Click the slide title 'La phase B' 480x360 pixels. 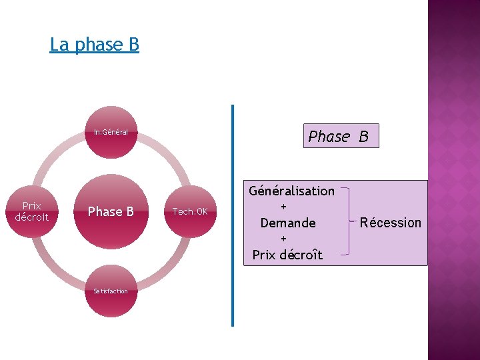(x=94, y=45)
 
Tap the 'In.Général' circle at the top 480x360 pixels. (x=111, y=132)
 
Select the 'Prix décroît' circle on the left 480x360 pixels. (x=31, y=211)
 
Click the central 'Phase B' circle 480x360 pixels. (x=111, y=211)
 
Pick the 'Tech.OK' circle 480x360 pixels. (x=190, y=211)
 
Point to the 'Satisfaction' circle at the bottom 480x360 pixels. (x=111, y=291)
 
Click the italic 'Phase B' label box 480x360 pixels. (x=341, y=136)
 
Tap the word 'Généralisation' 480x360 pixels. (x=291, y=191)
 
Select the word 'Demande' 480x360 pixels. (x=288, y=223)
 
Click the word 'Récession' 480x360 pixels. (x=391, y=223)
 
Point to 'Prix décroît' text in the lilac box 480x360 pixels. (x=287, y=255)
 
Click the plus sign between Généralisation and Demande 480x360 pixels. (x=283, y=207)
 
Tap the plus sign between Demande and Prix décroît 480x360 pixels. (x=283, y=239)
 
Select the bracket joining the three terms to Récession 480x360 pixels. (x=347, y=221)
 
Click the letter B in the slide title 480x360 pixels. (x=133, y=45)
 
